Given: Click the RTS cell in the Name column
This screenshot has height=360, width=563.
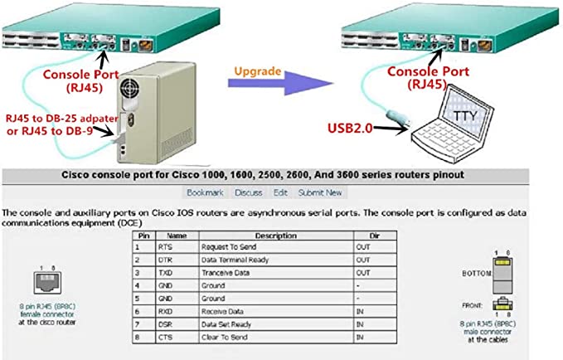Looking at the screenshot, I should tap(165, 247).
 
